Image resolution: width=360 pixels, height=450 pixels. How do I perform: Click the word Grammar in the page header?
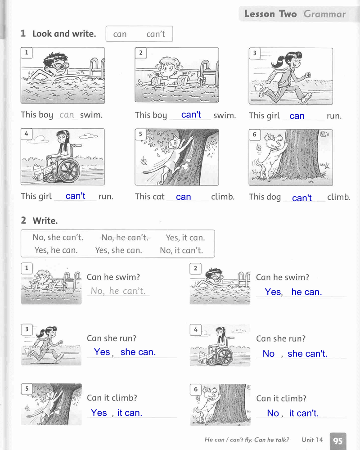click(325, 14)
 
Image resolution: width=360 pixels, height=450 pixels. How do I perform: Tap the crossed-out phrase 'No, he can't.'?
click(125, 237)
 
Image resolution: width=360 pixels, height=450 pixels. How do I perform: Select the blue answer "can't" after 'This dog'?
click(301, 198)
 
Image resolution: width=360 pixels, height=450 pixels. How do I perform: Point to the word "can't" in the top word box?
click(156, 34)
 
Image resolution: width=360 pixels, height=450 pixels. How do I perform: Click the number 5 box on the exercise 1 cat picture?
click(140, 134)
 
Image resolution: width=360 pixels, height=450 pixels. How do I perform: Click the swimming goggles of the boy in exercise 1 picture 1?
click(59, 66)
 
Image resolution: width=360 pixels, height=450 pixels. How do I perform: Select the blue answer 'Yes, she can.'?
click(125, 352)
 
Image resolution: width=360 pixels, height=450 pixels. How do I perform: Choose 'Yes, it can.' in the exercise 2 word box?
click(185, 238)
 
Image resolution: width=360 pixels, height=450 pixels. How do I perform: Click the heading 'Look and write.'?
click(64, 34)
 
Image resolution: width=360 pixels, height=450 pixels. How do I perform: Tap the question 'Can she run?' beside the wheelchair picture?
click(281, 338)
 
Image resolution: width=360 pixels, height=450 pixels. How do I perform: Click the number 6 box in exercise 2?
click(195, 389)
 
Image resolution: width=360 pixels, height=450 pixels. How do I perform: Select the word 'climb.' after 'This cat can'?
click(223, 197)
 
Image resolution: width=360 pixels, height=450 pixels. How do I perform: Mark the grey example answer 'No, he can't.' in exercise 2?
click(118, 291)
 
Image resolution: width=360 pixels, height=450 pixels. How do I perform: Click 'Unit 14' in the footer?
click(312, 440)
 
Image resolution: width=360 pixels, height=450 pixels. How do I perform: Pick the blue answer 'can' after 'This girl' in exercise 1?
click(297, 116)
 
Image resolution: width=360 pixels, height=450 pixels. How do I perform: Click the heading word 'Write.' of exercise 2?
click(45, 220)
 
